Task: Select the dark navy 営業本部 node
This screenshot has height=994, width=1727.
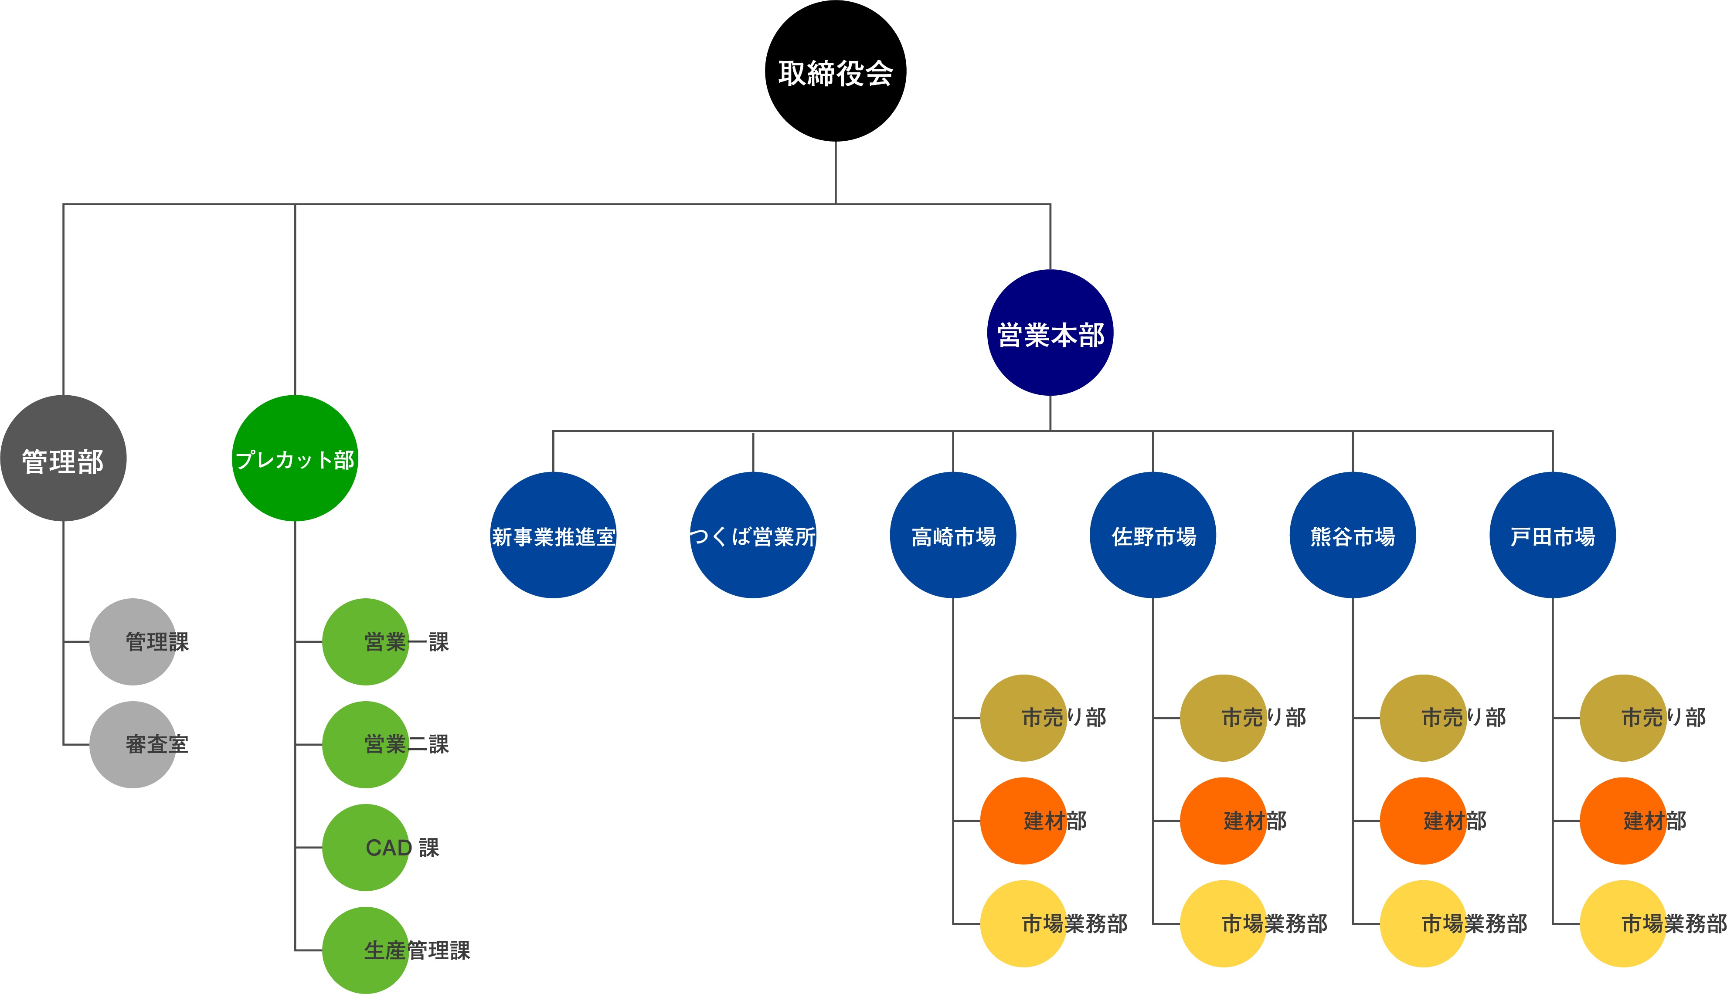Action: coord(1050,332)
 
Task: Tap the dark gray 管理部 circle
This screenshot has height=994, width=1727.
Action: coord(64,458)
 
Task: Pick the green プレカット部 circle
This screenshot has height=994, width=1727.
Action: coord(295,458)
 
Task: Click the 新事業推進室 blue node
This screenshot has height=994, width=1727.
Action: coord(553,535)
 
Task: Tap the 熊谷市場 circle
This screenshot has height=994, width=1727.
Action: coord(1352,535)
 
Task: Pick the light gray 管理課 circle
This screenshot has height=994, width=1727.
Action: coord(133,642)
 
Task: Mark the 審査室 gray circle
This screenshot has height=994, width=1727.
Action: coord(133,744)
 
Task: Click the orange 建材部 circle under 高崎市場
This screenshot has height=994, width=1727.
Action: coord(1023,821)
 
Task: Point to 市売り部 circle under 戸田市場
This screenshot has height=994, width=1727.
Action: coord(1623,718)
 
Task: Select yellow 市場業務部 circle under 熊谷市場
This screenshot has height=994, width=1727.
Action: coord(1423,924)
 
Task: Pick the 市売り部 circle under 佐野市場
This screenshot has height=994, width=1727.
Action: coord(1223,718)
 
